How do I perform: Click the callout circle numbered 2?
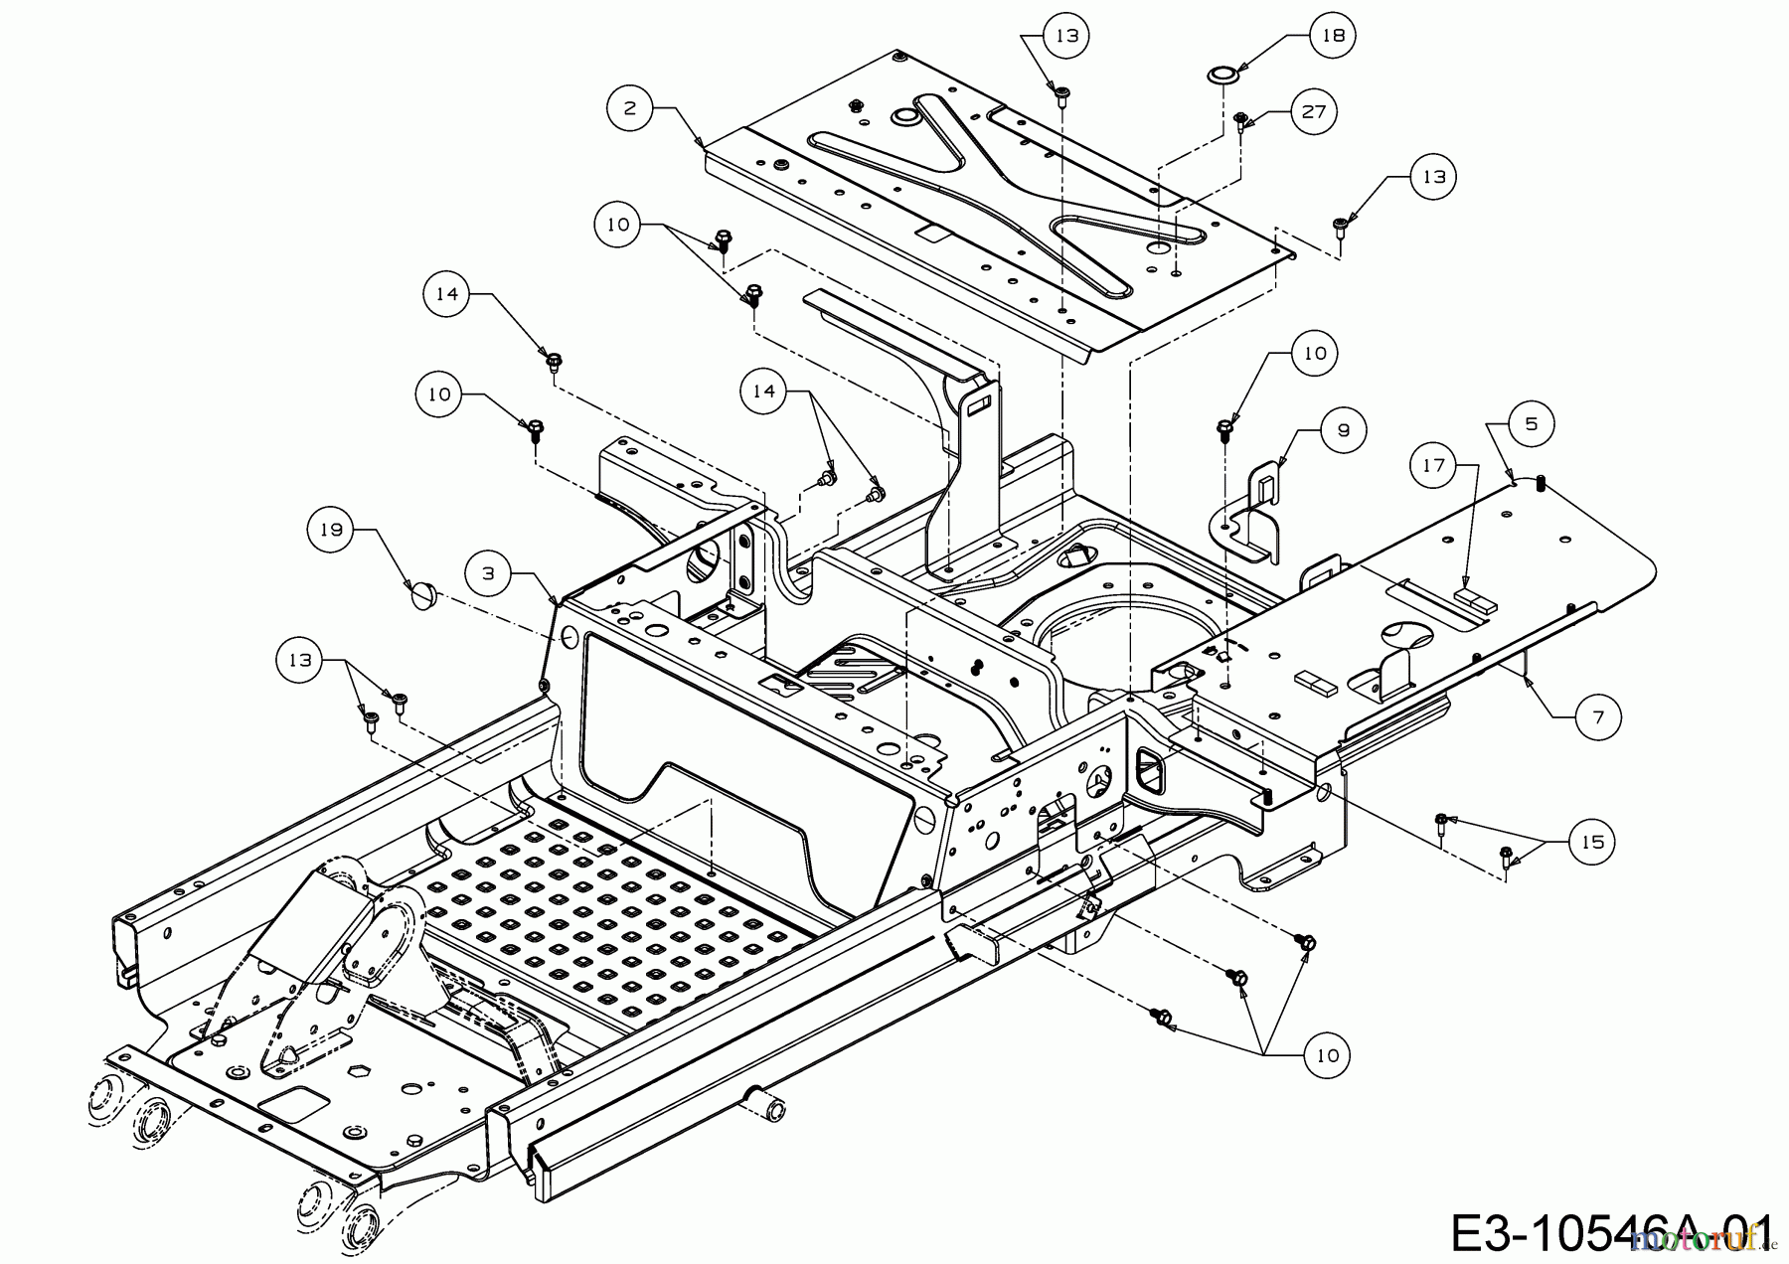coord(629,106)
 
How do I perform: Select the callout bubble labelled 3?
coord(488,573)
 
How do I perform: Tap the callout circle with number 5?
coord(1531,423)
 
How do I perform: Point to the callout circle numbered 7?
coord(1598,716)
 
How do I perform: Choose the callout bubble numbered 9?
coord(1343,430)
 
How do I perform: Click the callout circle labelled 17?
coord(1433,465)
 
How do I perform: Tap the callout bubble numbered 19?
coord(331,530)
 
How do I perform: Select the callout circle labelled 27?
coord(1314,111)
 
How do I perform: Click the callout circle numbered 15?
coord(1592,842)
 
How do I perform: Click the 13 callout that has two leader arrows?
coord(300,659)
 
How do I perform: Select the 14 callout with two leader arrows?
coord(763,392)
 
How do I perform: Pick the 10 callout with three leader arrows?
coord(1328,1055)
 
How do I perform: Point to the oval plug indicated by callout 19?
coord(424,598)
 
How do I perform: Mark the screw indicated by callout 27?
coord(1240,121)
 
